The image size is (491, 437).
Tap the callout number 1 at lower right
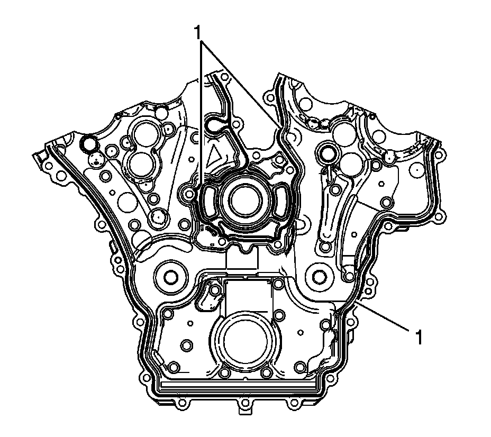[419, 337]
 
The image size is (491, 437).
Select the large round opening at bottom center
[245, 343]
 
